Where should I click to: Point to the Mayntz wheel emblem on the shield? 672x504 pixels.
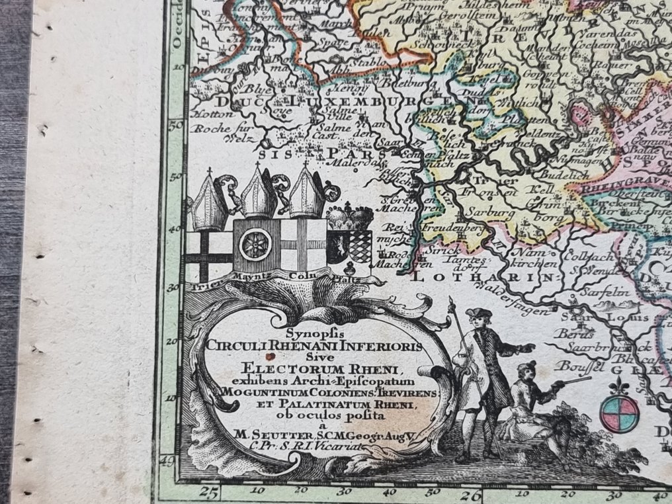tap(255, 243)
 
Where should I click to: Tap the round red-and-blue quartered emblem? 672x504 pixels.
tap(619, 412)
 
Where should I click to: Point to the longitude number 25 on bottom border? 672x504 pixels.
tap(210, 491)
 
